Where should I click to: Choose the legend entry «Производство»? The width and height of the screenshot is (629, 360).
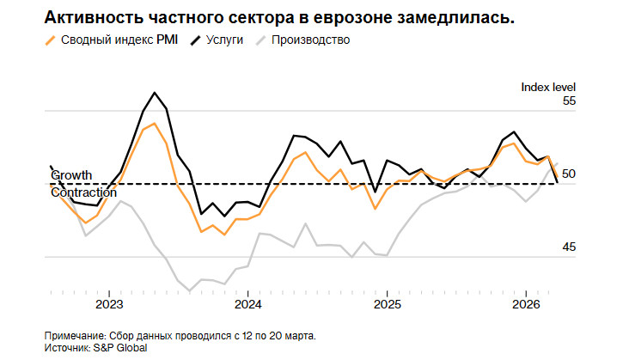point(310,40)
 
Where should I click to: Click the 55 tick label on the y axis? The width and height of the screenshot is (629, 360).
point(570,101)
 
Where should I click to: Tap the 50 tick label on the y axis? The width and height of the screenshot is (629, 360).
point(570,174)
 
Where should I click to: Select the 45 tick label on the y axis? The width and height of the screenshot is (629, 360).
point(570,247)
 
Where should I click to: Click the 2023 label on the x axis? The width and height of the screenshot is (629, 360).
point(109,305)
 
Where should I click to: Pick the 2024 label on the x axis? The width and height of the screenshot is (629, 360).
point(247,305)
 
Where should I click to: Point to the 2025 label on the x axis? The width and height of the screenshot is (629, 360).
point(387,305)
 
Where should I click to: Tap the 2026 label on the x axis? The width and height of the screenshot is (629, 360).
point(525,305)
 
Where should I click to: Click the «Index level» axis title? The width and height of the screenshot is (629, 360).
point(548,87)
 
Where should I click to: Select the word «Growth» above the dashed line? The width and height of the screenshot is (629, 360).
point(71,175)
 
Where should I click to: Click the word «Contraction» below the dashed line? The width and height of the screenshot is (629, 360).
point(83,192)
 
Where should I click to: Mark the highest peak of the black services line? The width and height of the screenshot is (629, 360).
point(155,93)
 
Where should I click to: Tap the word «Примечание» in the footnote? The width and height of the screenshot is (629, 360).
point(72,335)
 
